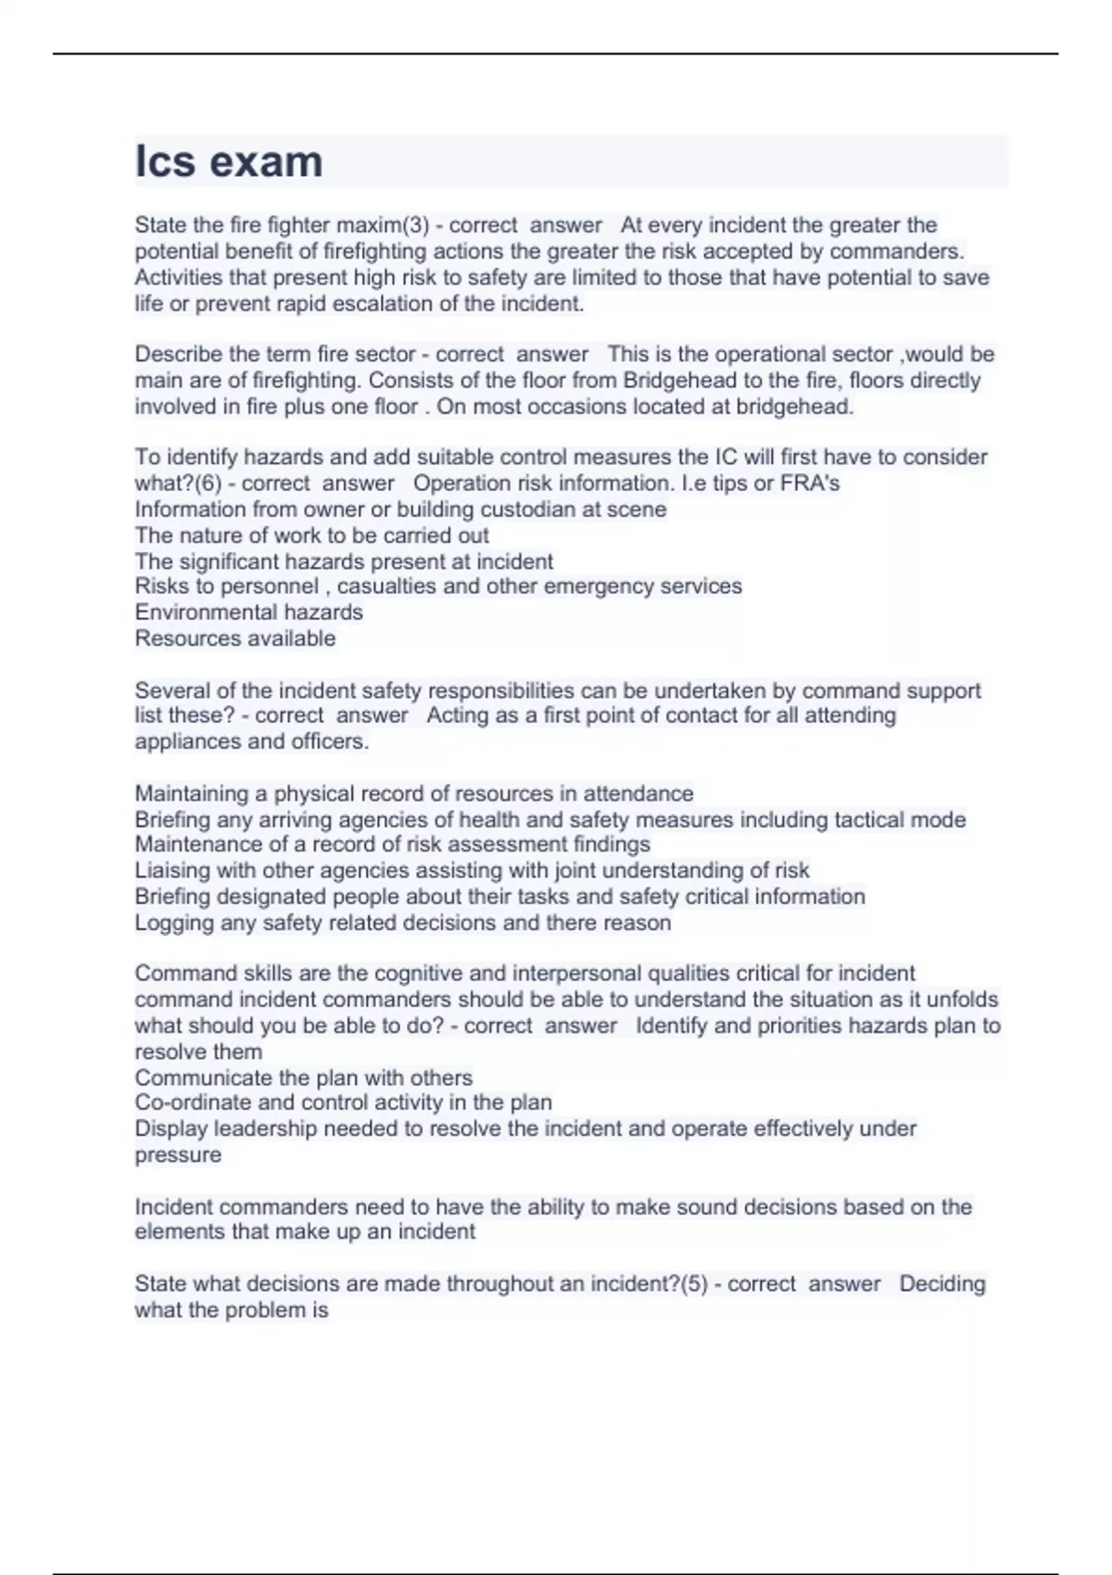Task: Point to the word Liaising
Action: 173,870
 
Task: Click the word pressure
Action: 178,1155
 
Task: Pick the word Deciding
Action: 942,1284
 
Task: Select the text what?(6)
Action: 176,483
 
